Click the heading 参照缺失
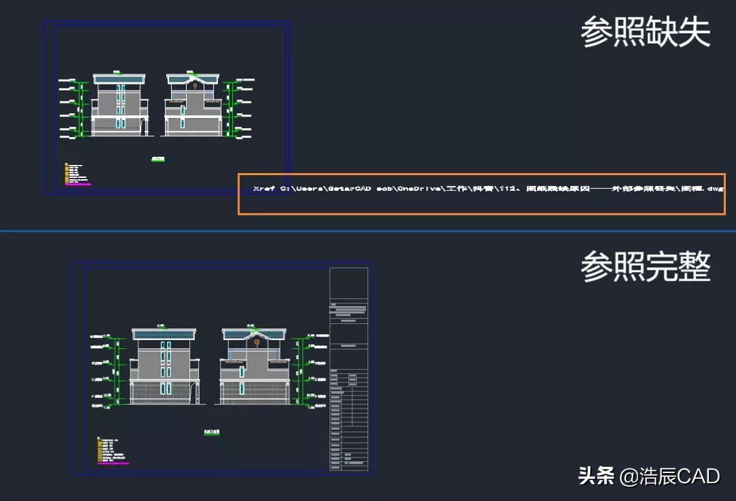click(x=645, y=33)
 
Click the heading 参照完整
click(x=645, y=267)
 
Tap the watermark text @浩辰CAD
click(x=669, y=476)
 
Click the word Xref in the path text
click(x=263, y=188)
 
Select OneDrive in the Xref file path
click(x=416, y=188)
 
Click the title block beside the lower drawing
click(x=348, y=368)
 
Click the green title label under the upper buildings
click(x=157, y=160)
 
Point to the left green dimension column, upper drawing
click(x=81, y=109)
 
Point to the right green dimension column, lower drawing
click(x=295, y=371)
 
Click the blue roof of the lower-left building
click(x=164, y=334)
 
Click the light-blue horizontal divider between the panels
click(x=368, y=231)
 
